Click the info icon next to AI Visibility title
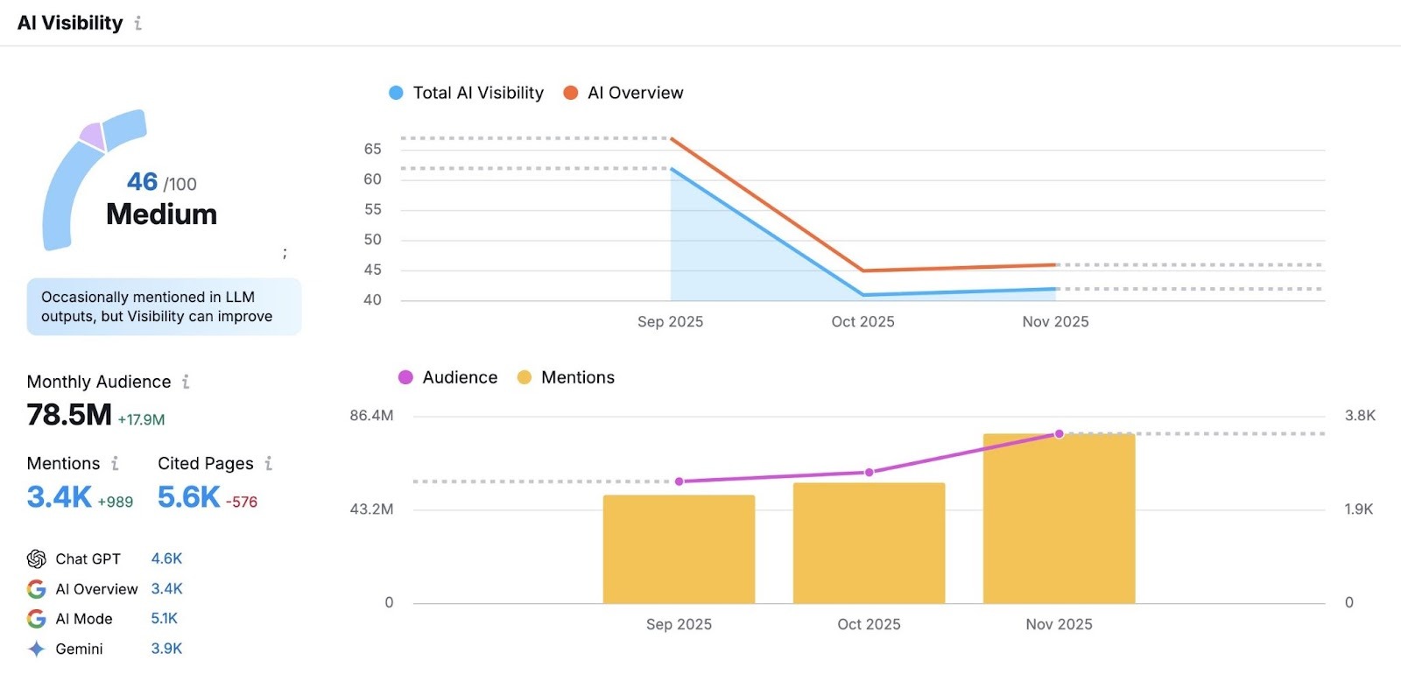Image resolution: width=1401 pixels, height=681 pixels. coord(138,24)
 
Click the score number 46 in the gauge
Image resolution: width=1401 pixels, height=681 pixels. coord(143,181)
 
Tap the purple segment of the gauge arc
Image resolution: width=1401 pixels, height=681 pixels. coord(92,137)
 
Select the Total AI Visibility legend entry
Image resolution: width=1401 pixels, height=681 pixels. coord(467,93)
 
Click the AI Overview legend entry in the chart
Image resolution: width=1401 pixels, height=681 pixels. coord(623,93)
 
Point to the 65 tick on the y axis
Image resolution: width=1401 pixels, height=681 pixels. coord(373,150)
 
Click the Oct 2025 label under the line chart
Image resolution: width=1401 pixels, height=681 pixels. coord(862,322)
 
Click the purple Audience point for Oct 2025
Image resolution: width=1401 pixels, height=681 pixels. coord(869,472)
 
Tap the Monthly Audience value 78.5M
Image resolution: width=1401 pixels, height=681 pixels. coord(69,415)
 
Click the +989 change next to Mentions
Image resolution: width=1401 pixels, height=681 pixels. coord(116,502)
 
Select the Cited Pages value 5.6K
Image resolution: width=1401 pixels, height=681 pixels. coord(188,497)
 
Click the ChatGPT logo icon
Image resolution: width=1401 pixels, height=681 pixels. coord(37,559)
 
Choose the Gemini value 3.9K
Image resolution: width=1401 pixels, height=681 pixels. coord(166,649)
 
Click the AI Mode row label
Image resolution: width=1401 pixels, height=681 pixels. coord(84,619)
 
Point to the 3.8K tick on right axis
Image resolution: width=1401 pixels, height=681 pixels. coord(1360,416)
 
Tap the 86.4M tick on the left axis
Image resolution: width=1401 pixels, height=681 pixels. coord(371,416)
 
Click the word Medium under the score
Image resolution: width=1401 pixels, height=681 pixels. coord(161,214)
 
